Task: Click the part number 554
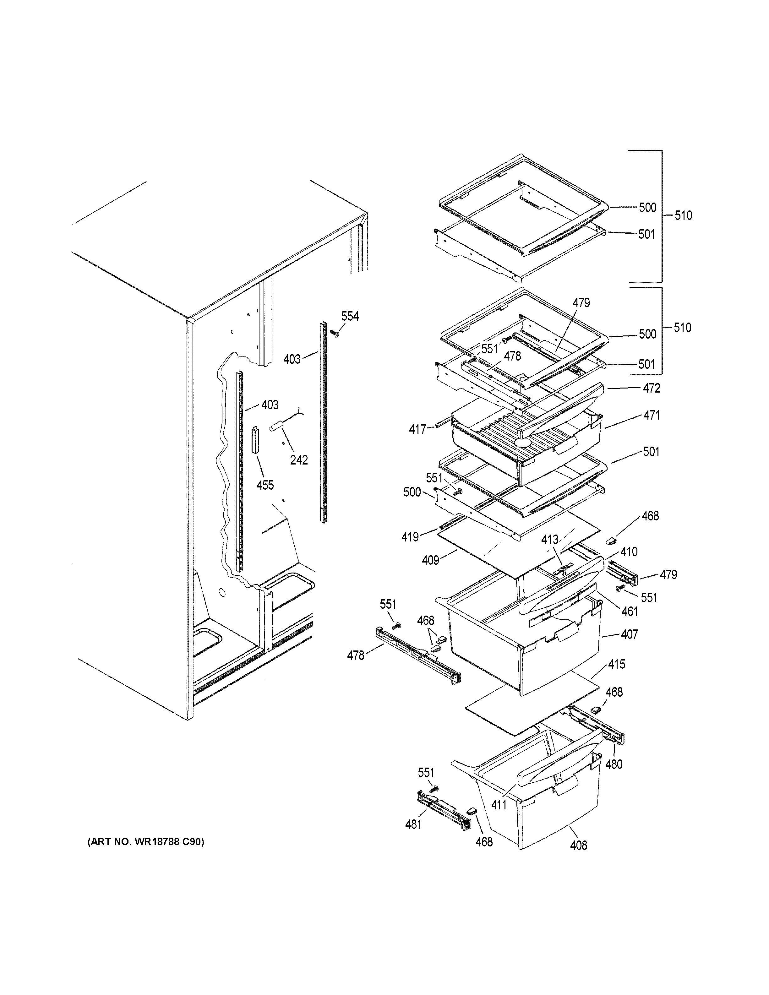point(350,316)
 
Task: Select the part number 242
point(299,460)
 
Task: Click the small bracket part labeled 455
point(255,439)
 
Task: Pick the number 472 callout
point(652,388)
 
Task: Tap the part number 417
point(417,429)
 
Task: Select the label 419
point(410,537)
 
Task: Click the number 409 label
point(430,560)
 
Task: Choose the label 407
point(630,634)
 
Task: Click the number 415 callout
point(617,664)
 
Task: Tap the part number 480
point(614,764)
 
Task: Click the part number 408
point(579,845)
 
